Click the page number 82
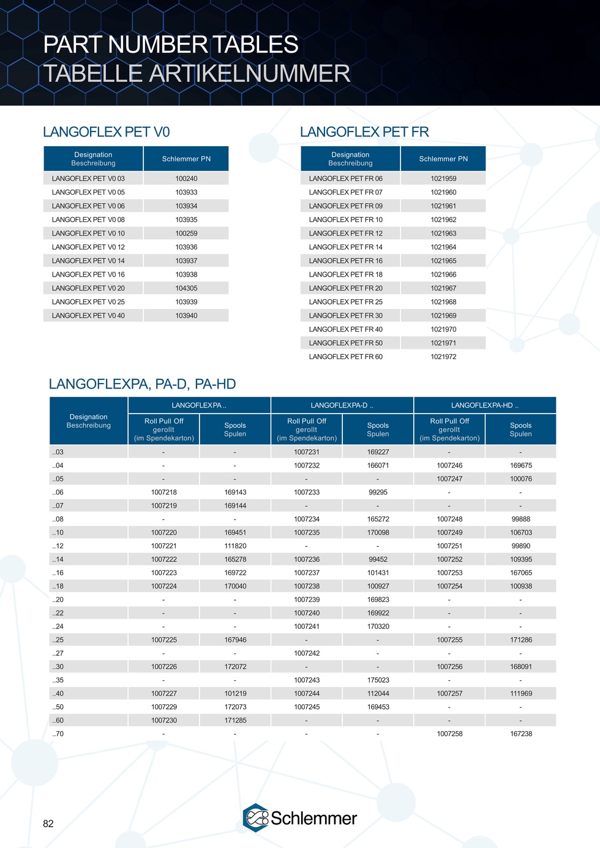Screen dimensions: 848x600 coord(48,824)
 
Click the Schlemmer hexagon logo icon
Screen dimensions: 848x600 coord(255,818)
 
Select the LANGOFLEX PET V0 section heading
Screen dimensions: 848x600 coord(106,132)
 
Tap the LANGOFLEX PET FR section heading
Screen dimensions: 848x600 coord(364,132)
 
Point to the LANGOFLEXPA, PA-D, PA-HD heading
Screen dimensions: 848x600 coord(142,384)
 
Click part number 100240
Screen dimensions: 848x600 coord(186,179)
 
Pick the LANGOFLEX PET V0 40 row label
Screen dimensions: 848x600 coord(88,316)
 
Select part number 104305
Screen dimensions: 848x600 coord(186,288)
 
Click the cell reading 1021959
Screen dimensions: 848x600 coord(443,179)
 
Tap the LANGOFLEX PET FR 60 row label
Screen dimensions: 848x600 coord(345,357)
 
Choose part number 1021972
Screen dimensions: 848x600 coord(443,357)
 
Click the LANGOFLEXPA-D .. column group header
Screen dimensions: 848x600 coord(342,405)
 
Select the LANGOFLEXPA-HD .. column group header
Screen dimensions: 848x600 coord(485,405)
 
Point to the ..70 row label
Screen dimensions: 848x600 coord(58,734)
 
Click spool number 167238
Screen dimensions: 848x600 coord(521,734)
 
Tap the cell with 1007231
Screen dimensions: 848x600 coord(307,452)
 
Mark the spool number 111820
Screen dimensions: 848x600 coord(235,546)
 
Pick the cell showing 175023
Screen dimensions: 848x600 coord(378,680)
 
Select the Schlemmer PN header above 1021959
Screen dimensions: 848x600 coord(443,159)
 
